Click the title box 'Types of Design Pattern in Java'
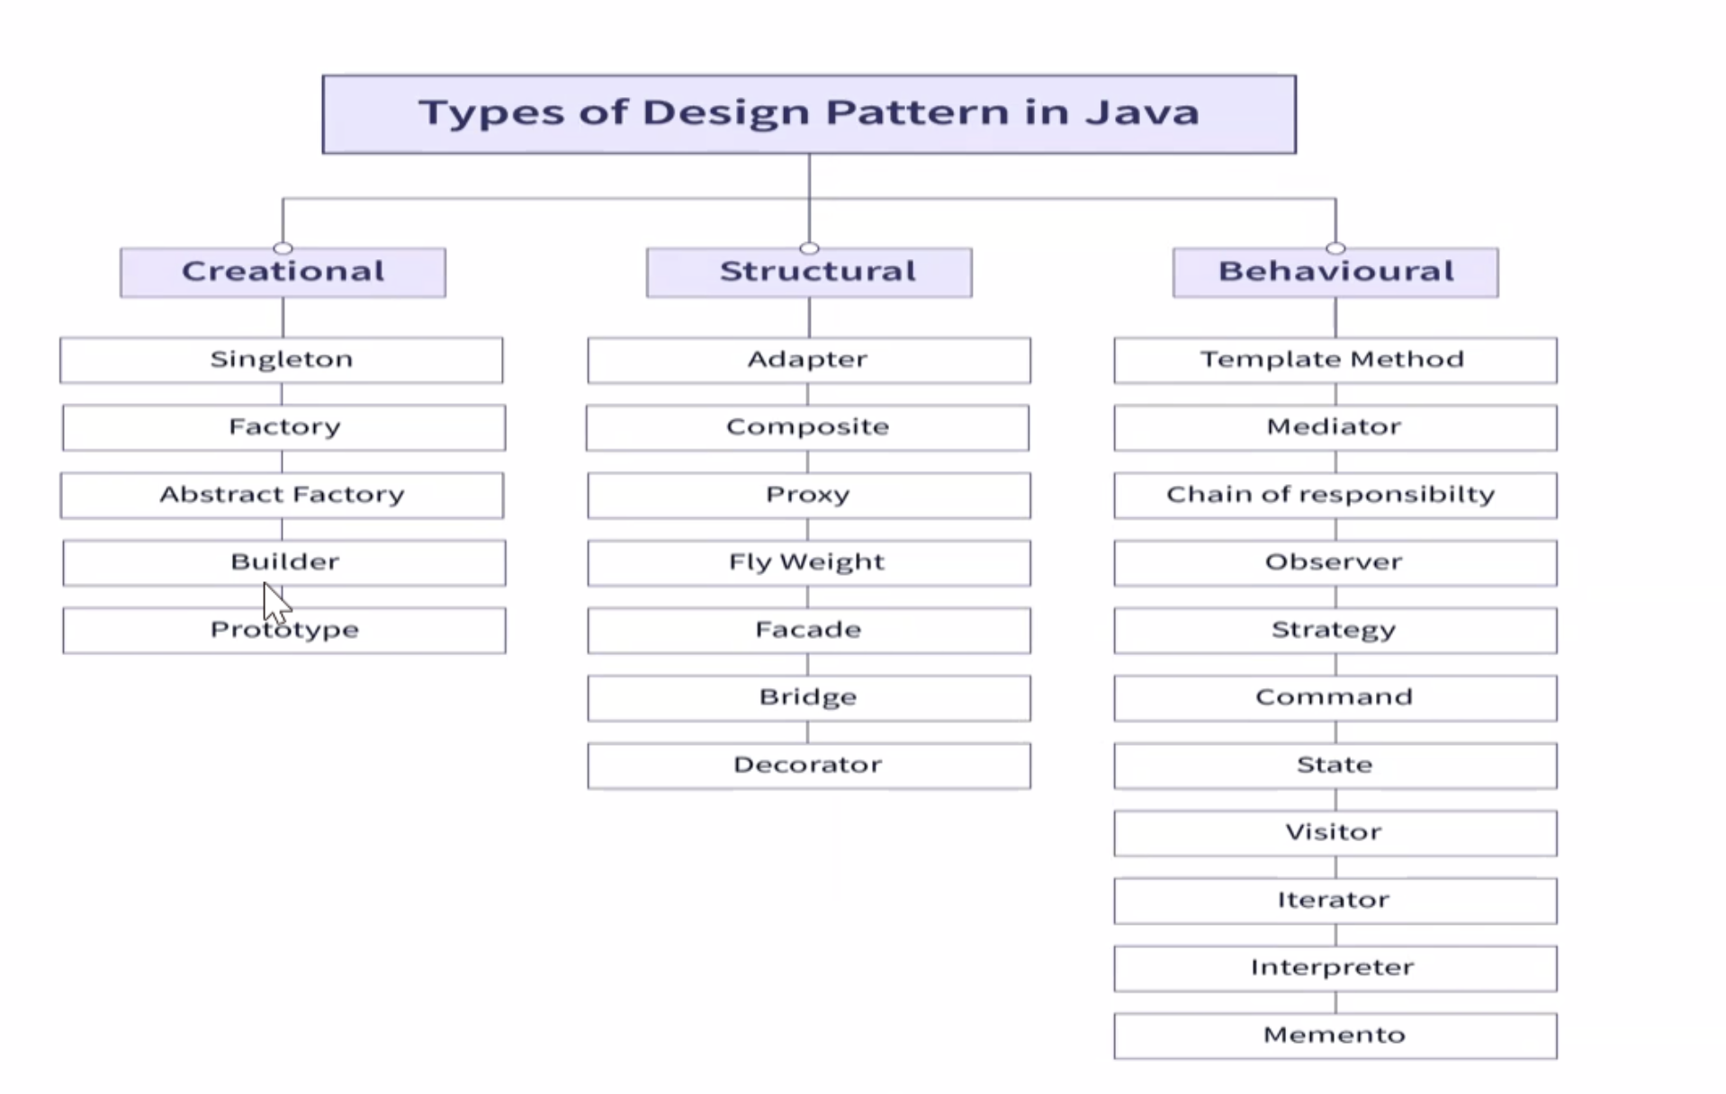pyautogui.click(x=809, y=114)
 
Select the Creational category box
pyautogui.click(x=283, y=273)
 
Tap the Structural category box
pyautogui.click(x=809, y=273)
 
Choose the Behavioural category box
pyautogui.click(x=1335, y=273)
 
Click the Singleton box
pyautogui.click(x=282, y=360)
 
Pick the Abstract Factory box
pyautogui.click(x=283, y=495)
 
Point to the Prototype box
pyautogui.click(x=284, y=630)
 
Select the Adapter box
pyautogui.click(x=809, y=360)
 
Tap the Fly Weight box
pyautogui.click(x=809, y=562)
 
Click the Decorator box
pyautogui.click(x=809, y=766)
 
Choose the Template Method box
pyautogui.click(x=1335, y=360)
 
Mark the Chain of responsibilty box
pyautogui.click(x=1335, y=495)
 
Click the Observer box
pyautogui.click(x=1335, y=562)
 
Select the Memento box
pyautogui.click(x=1335, y=1036)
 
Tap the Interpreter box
pyautogui.click(x=1335, y=968)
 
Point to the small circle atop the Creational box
pyautogui.click(x=283, y=247)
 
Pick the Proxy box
pyautogui.click(x=809, y=495)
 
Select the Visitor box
pyautogui.click(x=1335, y=833)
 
